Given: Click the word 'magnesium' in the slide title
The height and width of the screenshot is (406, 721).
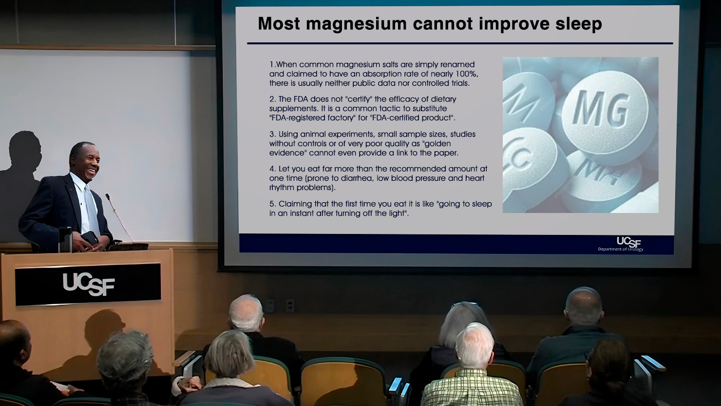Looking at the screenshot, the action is (x=356, y=24).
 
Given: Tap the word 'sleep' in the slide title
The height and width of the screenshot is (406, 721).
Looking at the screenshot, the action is (x=578, y=24).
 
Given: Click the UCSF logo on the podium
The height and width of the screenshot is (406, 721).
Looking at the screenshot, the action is (x=89, y=284).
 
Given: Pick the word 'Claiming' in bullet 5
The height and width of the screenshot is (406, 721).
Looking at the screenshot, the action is (x=295, y=204).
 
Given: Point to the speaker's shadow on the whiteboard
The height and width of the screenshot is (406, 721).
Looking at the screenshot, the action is (x=21, y=180).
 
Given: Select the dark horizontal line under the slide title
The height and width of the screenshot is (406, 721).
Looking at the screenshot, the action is (x=460, y=43).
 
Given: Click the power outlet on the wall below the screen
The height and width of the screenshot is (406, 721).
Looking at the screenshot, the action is (x=290, y=306).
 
